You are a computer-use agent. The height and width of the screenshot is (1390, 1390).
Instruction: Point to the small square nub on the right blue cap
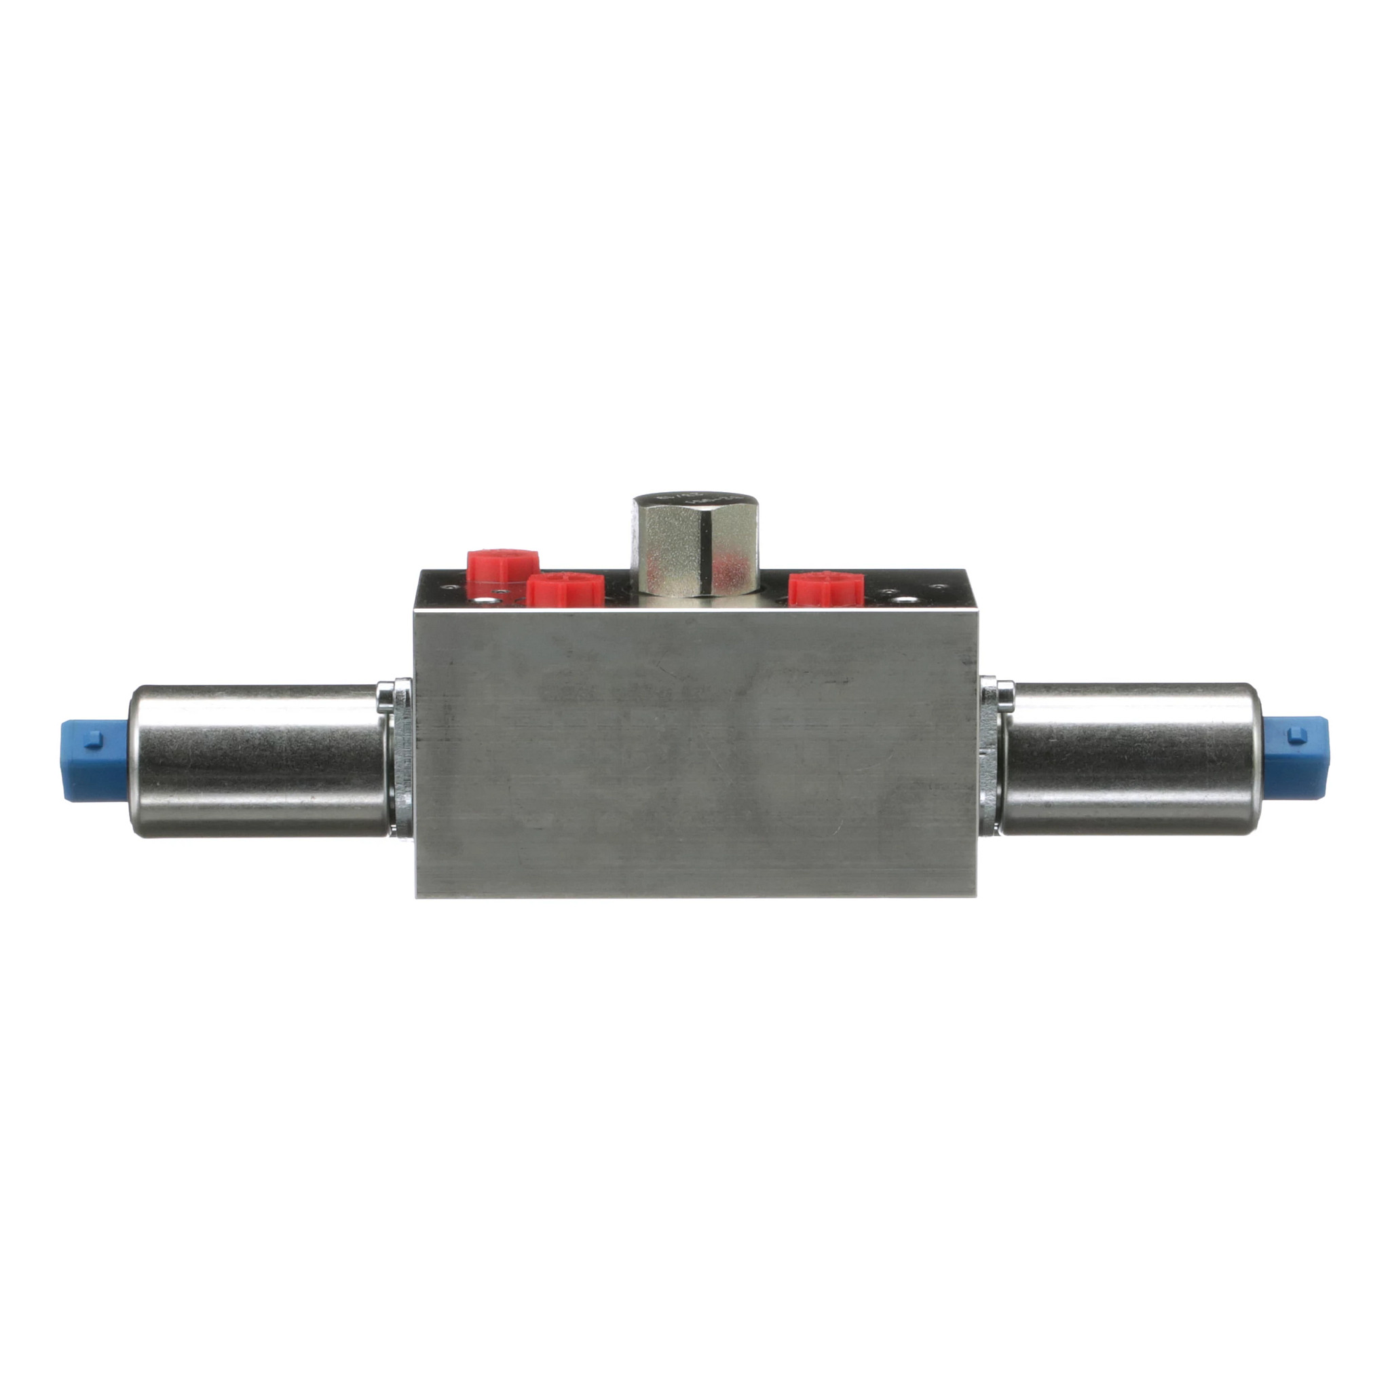(1296, 734)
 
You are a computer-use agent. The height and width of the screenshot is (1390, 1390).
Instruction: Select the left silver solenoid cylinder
(259, 759)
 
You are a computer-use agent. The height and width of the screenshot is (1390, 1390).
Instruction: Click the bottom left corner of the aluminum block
(418, 896)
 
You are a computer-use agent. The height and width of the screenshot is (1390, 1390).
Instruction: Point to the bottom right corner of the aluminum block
(975, 896)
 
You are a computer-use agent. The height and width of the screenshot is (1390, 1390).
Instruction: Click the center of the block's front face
(696, 752)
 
